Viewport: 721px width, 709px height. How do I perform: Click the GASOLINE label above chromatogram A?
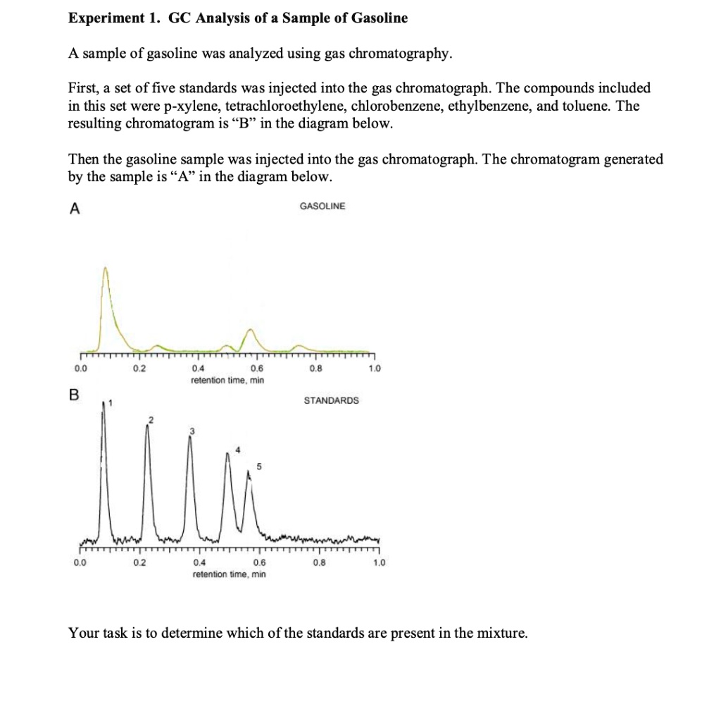pyautogui.click(x=322, y=206)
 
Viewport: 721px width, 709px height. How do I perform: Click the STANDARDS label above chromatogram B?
pyautogui.click(x=331, y=400)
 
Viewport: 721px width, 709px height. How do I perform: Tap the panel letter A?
pyautogui.click(x=73, y=208)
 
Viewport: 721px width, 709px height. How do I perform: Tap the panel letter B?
pyautogui.click(x=73, y=395)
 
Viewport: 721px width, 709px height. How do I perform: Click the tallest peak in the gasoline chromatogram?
pyautogui.click(x=106, y=270)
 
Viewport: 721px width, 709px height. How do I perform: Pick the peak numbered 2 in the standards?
pyautogui.click(x=147, y=427)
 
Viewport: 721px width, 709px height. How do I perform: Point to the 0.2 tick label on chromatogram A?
pyautogui.click(x=140, y=368)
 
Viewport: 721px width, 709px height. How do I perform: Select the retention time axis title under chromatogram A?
pyautogui.click(x=227, y=380)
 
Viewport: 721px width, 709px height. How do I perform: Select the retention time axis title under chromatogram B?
pyautogui.click(x=229, y=574)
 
